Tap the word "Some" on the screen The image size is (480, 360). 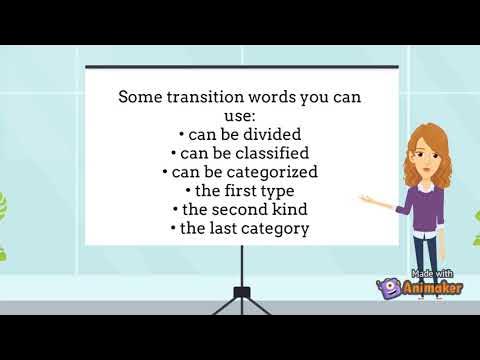(x=140, y=98)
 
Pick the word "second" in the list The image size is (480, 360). (x=242, y=209)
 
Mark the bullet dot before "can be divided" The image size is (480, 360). (x=182, y=134)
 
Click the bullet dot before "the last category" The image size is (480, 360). (x=174, y=229)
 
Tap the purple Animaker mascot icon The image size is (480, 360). (x=390, y=289)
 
